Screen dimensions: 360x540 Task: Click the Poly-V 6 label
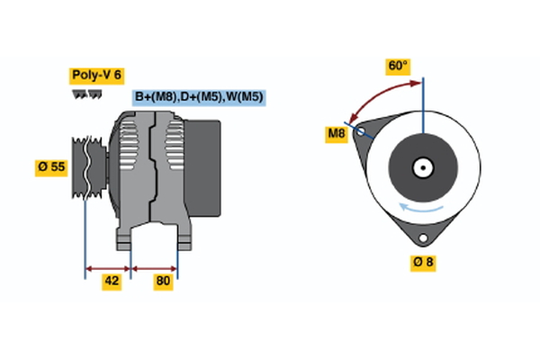tap(95, 75)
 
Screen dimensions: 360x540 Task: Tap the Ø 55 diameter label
tap(52, 167)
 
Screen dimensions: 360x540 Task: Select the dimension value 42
tap(112, 281)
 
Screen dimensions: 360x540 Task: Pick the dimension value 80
tap(163, 281)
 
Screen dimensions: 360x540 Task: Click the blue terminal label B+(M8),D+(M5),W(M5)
tap(199, 97)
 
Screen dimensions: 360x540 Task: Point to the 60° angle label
tap(398, 66)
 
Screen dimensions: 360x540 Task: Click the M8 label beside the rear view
tap(337, 135)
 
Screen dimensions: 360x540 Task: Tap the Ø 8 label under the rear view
tap(423, 263)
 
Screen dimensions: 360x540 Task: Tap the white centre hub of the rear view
tap(422, 167)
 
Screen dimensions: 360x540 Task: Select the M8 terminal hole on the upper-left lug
tap(362, 131)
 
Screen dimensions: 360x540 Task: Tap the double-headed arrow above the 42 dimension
tap(108, 267)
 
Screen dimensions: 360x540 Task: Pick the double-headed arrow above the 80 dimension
tap(155, 267)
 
